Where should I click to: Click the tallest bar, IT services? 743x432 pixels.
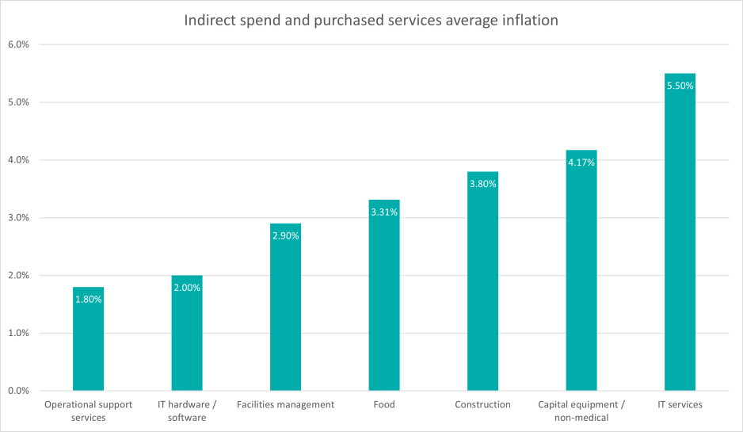pyautogui.click(x=680, y=238)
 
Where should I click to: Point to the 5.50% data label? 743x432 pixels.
pyautogui.click(x=680, y=86)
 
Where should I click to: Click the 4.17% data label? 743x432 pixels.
pyautogui.click(x=581, y=162)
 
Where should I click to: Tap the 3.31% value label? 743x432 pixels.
pyautogui.click(x=384, y=212)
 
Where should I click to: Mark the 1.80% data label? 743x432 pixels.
pyautogui.click(x=88, y=300)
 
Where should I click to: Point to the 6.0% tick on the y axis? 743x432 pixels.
pyautogui.click(x=17, y=44)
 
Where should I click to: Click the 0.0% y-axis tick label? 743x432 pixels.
pyautogui.click(x=17, y=391)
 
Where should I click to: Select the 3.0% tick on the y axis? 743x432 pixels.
pyautogui.click(x=17, y=218)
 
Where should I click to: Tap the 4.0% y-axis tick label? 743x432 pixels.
pyautogui.click(x=17, y=160)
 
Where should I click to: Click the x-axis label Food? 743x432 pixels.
pyautogui.click(x=384, y=405)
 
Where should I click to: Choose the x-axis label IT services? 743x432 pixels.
pyautogui.click(x=680, y=405)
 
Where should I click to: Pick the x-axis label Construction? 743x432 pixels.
pyautogui.click(x=482, y=405)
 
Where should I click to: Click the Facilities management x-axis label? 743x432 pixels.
pyautogui.click(x=285, y=405)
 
